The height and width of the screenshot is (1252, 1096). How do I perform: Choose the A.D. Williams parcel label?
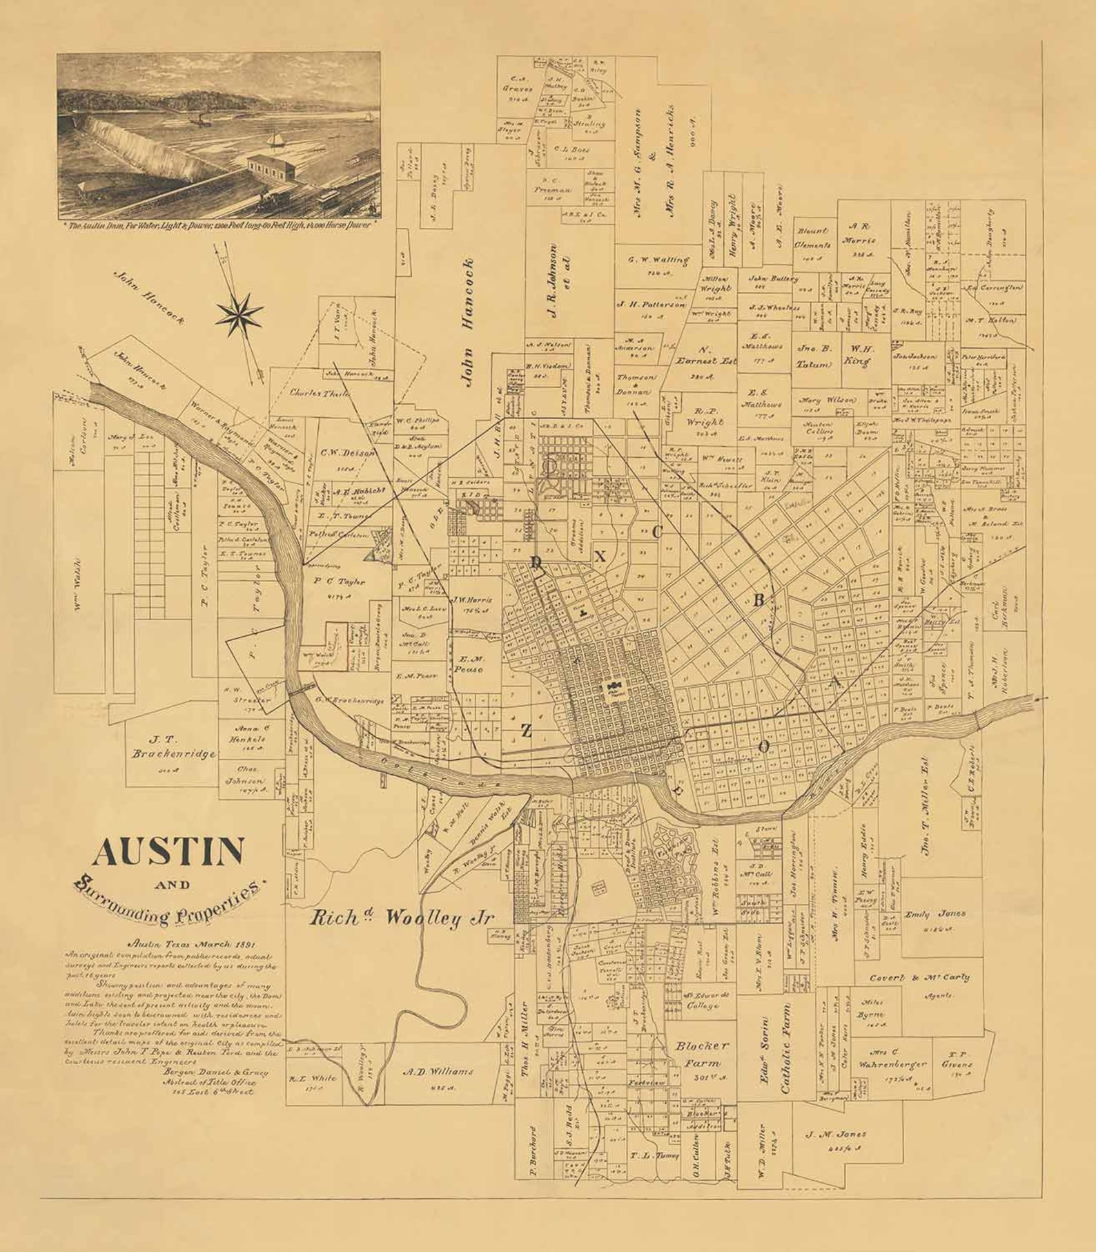tap(438, 1072)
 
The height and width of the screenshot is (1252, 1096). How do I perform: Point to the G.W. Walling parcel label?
tap(658, 261)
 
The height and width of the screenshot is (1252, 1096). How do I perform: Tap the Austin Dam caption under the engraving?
tap(218, 226)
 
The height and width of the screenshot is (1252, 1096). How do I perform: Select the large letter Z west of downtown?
tap(526, 731)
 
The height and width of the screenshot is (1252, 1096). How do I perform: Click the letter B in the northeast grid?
tap(759, 601)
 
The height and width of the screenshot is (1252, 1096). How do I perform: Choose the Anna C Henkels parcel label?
tap(251, 733)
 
